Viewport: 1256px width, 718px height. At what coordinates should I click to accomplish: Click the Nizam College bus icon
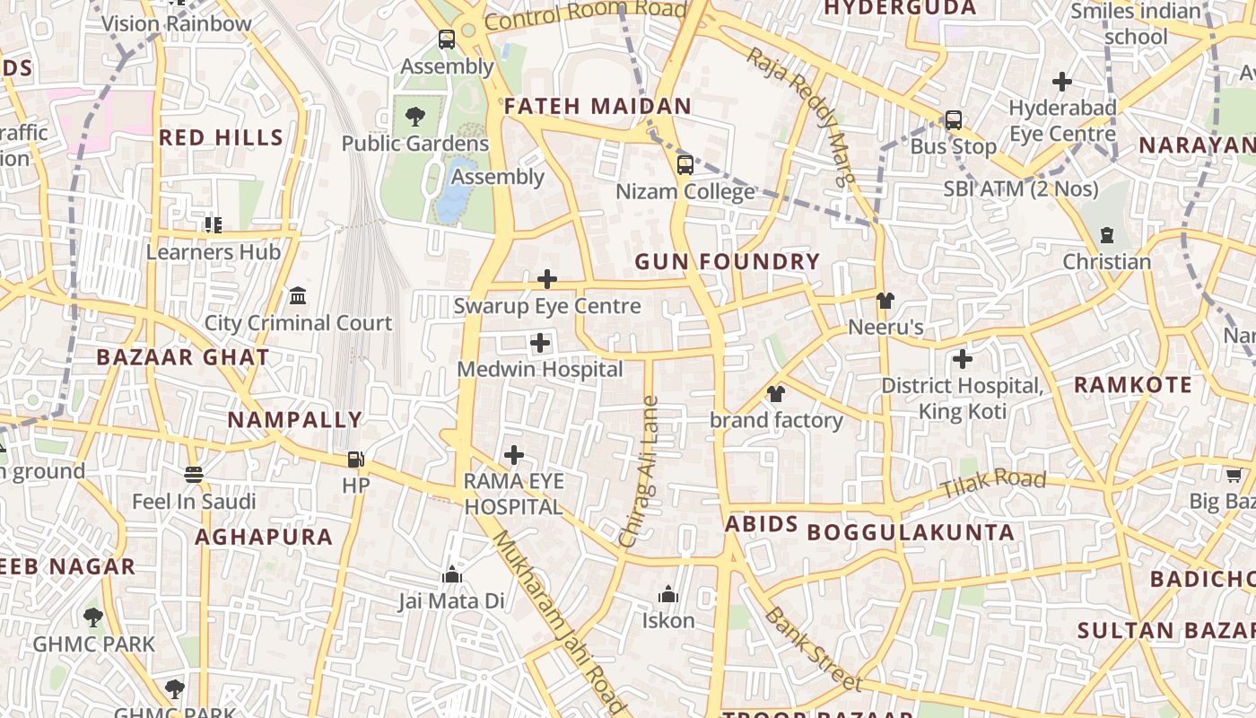(685, 165)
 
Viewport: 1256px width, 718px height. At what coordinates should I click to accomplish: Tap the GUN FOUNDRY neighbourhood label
(728, 262)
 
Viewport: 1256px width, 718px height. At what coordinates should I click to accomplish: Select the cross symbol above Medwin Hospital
(540, 343)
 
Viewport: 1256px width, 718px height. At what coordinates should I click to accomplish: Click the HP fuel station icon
(356, 460)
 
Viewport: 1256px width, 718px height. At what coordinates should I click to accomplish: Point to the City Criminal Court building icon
(298, 296)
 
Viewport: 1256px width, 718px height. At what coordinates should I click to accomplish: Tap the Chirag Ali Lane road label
(639, 471)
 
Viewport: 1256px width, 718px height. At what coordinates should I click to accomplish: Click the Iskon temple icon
(667, 595)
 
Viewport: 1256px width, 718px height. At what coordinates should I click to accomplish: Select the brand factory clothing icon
(776, 394)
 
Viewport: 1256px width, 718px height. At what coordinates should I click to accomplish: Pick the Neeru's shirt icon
(885, 301)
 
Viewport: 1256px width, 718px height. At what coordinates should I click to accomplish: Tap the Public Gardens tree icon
(414, 117)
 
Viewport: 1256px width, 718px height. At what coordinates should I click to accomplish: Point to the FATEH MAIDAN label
(597, 106)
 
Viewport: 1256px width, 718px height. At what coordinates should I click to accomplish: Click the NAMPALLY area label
(294, 419)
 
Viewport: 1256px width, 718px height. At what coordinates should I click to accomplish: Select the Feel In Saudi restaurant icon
(194, 475)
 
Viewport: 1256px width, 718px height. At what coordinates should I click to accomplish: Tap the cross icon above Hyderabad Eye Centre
(1062, 82)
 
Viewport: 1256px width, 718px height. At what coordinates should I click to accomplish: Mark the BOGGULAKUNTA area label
(911, 532)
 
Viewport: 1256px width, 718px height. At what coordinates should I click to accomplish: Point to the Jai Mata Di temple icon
(452, 575)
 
